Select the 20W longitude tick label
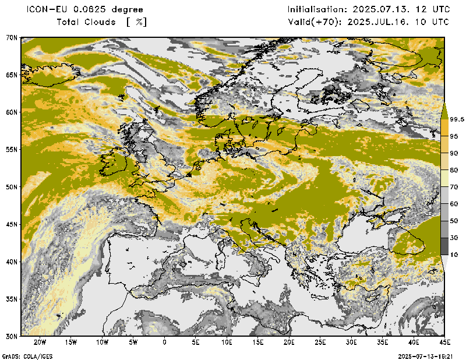(40, 342)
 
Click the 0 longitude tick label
(165, 342)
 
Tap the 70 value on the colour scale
(454, 186)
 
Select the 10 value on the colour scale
(454, 255)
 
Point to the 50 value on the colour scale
(454, 221)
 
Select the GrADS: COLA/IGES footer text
(23, 355)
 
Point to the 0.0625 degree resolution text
(111, 10)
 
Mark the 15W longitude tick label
(71, 342)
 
